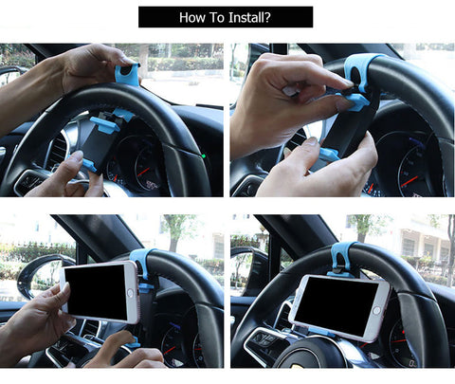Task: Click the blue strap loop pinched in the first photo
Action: [126, 72]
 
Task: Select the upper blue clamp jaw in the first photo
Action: [105, 124]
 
